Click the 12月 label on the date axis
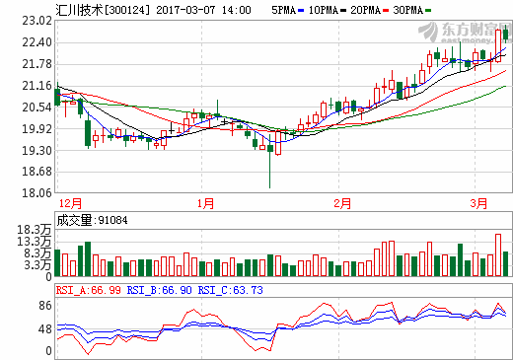(x=70, y=204)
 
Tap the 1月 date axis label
(x=205, y=204)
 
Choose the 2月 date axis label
(x=342, y=204)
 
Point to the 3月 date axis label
(x=479, y=204)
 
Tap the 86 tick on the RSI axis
(x=44, y=307)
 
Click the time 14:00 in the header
(x=234, y=10)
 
